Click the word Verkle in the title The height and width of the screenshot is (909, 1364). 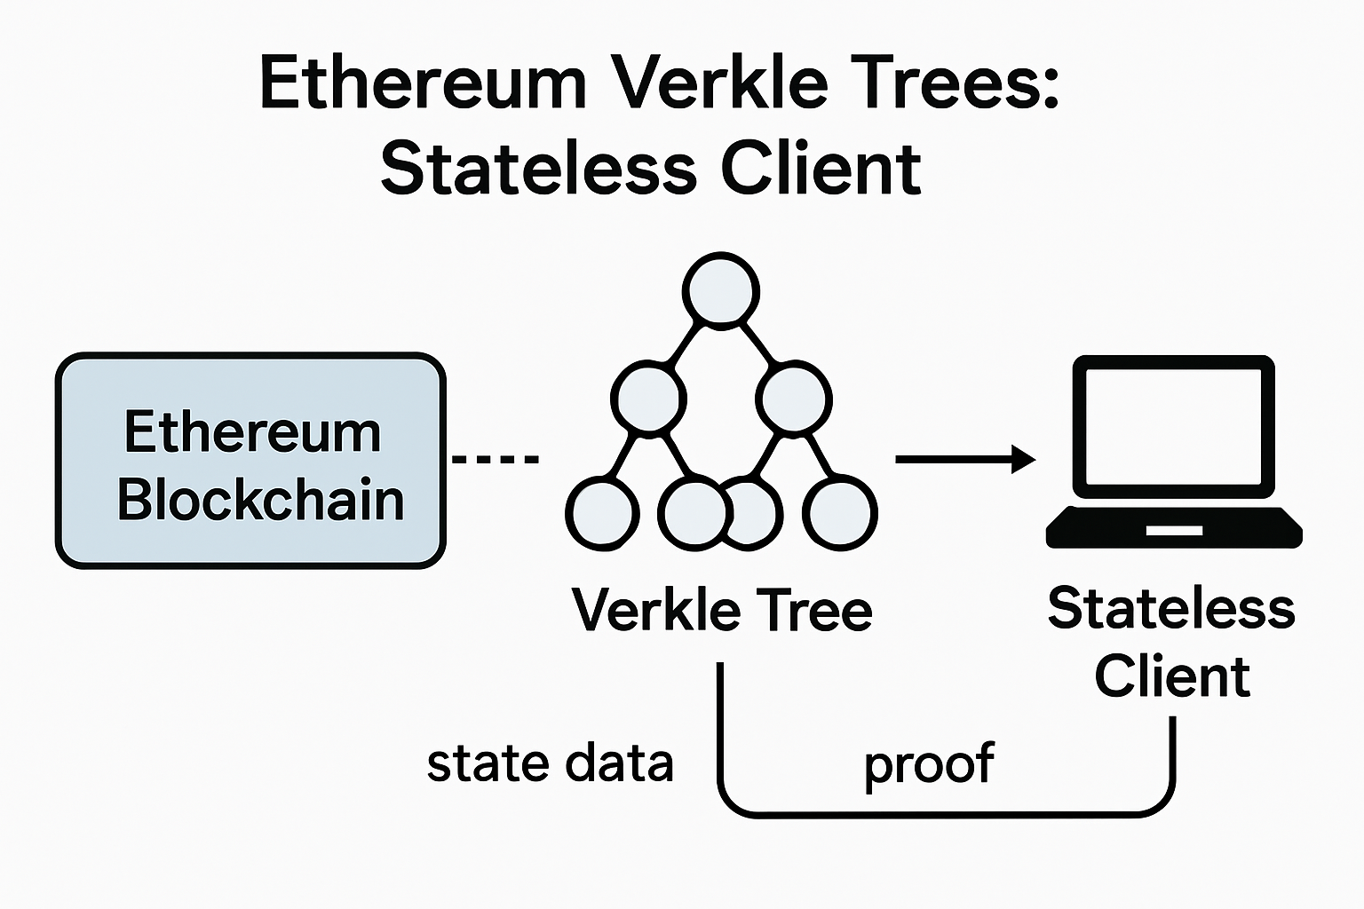[x=720, y=84]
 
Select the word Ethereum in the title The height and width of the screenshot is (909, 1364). [x=423, y=84]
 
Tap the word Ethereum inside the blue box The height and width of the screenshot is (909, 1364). [x=252, y=433]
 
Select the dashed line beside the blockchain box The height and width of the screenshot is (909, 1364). [x=496, y=460]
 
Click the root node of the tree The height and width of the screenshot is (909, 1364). [x=720, y=289]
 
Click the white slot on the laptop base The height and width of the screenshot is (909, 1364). [x=1174, y=531]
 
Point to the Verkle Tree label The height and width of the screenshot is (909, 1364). [x=722, y=611]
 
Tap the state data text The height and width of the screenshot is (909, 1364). [x=550, y=763]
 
